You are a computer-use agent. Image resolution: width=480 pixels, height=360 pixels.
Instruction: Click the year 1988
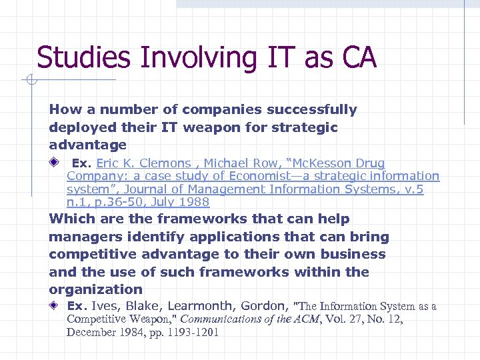[x=194, y=202]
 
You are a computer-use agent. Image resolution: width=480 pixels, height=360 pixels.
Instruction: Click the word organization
[x=96, y=289]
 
